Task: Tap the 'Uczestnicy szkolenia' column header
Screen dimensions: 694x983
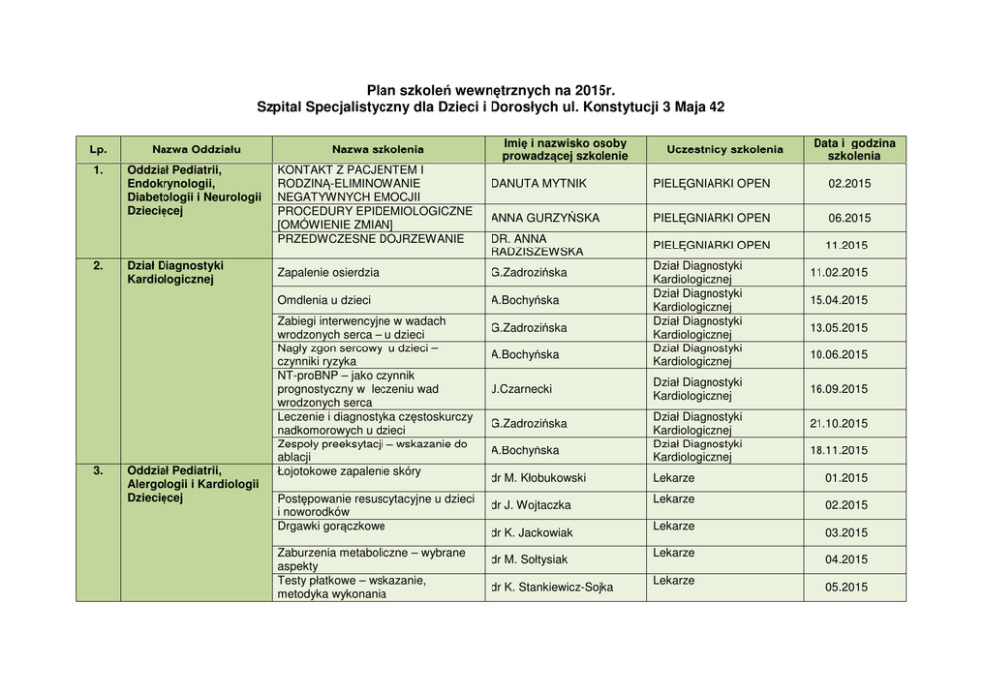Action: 718,149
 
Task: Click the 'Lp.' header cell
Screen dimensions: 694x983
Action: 98,149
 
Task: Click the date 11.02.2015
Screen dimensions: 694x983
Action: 838,272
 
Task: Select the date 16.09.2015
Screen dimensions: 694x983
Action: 838,390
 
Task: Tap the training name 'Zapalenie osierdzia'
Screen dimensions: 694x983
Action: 328,272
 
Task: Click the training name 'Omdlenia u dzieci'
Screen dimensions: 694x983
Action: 324,300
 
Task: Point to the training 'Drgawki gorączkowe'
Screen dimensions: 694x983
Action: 332,526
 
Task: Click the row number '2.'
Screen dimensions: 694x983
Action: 98,265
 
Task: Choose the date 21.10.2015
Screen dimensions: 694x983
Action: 838,424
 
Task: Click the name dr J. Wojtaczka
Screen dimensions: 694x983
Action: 530,506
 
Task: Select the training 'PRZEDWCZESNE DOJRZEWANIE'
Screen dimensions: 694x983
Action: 371,238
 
